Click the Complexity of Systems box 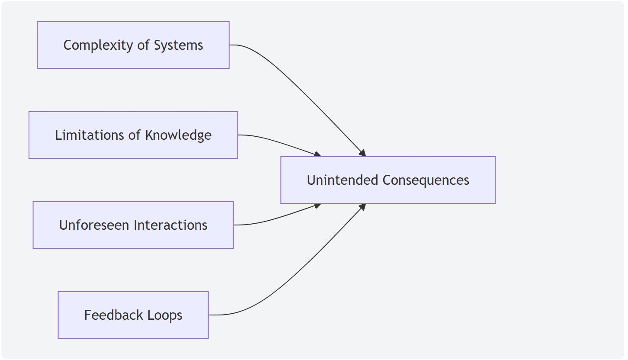133,45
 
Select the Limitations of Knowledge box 133,135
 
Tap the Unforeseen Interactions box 133,225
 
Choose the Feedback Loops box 133,315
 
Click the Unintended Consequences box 388,180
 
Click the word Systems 179,45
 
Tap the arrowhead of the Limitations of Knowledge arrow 317,154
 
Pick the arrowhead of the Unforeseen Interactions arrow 317,206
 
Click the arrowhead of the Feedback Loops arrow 362,207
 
